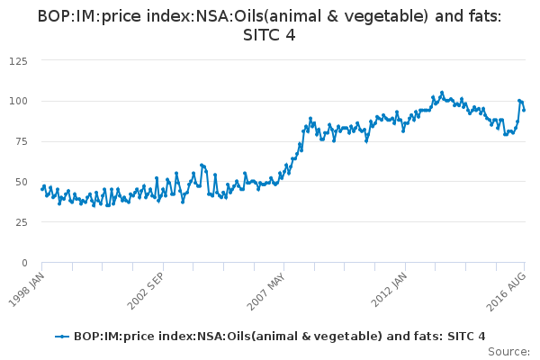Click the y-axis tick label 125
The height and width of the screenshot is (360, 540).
(x=17, y=60)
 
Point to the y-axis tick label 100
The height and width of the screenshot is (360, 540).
(x=17, y=101)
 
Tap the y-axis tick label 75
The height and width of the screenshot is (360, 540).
(x=20, y=141)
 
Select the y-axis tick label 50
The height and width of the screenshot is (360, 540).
(x=20, y=182)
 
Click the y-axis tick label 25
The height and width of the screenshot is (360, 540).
(x=20, y=222)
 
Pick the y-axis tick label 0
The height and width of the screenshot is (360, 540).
(x=23, y=263)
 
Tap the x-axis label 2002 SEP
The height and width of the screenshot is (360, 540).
(x=148, y=287)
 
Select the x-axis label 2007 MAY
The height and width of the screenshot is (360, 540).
(x=268, y=287)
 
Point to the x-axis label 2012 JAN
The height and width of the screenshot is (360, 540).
(x=390, y=287)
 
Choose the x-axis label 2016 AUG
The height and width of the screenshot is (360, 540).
(x=509, y=287)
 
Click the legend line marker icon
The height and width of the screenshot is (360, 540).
(x=61, y=336)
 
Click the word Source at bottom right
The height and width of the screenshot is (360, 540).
(x=510, y=351)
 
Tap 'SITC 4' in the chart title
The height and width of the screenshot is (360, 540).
(x=269, y=35)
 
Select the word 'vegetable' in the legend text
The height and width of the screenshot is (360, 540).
(x=328, y=336)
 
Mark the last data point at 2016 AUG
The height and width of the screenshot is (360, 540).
(x=525, y=110)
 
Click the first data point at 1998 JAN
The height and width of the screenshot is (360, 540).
(x=42, y=189)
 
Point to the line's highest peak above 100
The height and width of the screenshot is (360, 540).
(x=442, y=92)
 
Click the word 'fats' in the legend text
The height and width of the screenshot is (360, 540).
(x=399, y=336)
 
